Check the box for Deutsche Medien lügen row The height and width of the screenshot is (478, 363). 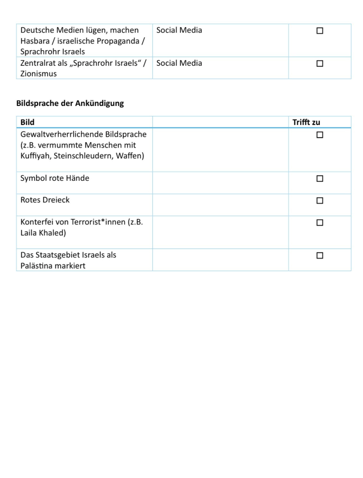[320, 31]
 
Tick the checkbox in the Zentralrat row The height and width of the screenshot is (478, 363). [320, 64]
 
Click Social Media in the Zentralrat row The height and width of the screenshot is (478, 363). [179, 63]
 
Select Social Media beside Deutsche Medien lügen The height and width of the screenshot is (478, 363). [179, 30]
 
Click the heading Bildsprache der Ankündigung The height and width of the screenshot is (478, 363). [70, 103]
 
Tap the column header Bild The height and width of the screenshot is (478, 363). [28, 122]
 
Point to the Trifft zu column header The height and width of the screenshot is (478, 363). [306, 122]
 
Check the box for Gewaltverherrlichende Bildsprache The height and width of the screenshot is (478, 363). [320, 135]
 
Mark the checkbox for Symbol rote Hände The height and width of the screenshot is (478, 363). [320, 179]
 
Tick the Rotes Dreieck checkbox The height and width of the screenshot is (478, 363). [320, 200]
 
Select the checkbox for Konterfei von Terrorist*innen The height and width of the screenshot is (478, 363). [320, 222]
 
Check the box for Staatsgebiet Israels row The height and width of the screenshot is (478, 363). [320, 256]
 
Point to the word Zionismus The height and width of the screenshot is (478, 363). [39, 74]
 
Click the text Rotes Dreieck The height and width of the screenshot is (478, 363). [45, 200]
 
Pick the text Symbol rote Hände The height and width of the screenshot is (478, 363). [55, 178]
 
